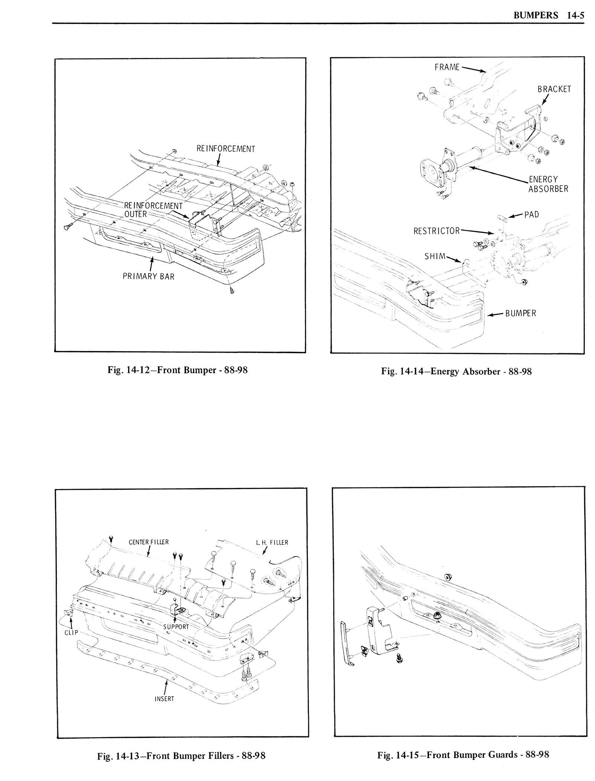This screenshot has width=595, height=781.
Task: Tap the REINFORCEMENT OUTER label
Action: coord(153,210)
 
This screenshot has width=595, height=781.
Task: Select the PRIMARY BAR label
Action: coord(148,277)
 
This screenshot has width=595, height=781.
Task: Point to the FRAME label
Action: coord(447,67)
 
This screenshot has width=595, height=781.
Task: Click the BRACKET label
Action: coord(554,89)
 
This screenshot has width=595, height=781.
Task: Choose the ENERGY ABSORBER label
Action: coord(548,184)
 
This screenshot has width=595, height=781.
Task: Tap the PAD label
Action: coord(531,215)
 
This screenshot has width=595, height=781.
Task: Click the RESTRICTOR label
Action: coord(436,231)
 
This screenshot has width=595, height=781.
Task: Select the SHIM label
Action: coord(434,256)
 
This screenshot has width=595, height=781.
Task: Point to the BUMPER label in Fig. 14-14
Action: coord(520,314)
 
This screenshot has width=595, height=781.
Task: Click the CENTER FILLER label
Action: coord(148,542)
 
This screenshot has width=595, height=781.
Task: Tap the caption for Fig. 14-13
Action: coord(181,763)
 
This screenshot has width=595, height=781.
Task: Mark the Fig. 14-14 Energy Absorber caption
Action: coord(456,371)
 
